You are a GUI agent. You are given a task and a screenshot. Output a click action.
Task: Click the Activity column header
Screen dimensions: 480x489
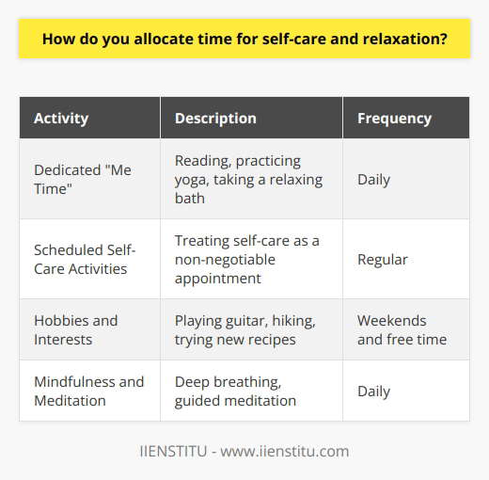point(62,119)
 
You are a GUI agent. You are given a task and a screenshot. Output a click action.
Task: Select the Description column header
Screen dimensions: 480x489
point(215,119)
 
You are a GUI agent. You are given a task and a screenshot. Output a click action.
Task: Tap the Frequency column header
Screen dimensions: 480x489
point(394,119)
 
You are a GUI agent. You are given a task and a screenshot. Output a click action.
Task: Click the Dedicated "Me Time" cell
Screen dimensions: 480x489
point(83,178)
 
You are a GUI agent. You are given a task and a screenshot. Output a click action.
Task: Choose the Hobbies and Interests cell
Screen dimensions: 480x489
point(76,329)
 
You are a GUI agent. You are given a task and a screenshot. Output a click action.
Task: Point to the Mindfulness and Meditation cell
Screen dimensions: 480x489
point(89,391)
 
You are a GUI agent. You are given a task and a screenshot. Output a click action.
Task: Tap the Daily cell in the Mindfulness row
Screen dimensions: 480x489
point(374,391)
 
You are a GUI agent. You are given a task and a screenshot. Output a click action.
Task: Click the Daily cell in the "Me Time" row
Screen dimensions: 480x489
point(374,178)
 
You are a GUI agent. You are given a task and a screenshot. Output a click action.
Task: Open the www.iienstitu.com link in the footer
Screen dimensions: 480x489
point(283,451)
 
